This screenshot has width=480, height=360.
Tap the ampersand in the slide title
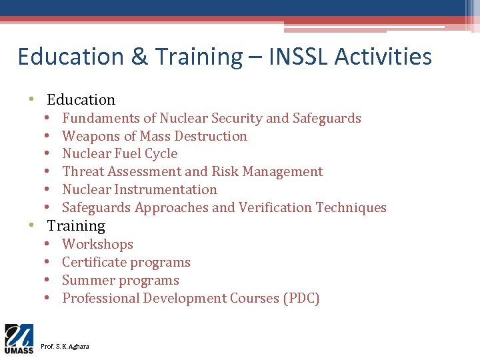point(139,57)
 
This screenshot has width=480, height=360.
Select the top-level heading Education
point(81,100)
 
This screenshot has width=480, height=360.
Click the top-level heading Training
point(76,226)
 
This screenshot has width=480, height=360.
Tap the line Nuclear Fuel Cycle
point(120,154)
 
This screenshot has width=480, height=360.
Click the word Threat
point(83,172)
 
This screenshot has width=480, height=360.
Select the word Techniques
point(351,208)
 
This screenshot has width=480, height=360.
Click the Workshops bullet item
point(97,245)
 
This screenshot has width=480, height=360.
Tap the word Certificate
point(94,263)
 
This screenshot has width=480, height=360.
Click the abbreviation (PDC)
point(301,299)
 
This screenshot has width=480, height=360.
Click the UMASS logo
point(19,339)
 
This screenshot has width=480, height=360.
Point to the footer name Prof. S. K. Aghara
point(65,347)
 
